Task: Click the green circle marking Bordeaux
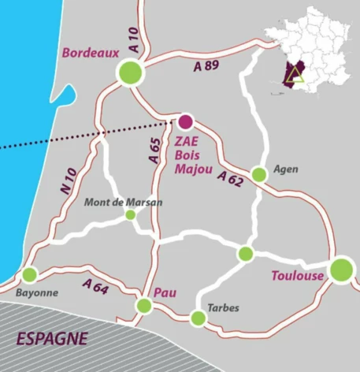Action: pyautogui.click(x=130, y=73)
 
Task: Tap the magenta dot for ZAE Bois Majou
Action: pyautogui.click(x=185, y=121)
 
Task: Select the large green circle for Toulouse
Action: pyautogui.click(x=341, y=269)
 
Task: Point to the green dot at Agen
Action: pyautogui.click(x=258, y=174)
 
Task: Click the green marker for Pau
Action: pyautogui.click(x=143, y=305)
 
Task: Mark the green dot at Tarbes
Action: pyautogui.click(x=198, y=318)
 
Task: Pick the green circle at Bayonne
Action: pyautogui.click(x=30, y=274)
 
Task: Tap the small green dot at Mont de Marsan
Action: pyautogui.click(x=131, y=214)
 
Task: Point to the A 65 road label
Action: pyautogui.click(x=154, y=149)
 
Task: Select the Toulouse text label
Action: pyautogui.click(x=297, y=276)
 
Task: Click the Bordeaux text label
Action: pyautogui.click(x=90, y=53)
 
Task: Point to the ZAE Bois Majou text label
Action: pyautogui.click(x=189, y=154)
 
